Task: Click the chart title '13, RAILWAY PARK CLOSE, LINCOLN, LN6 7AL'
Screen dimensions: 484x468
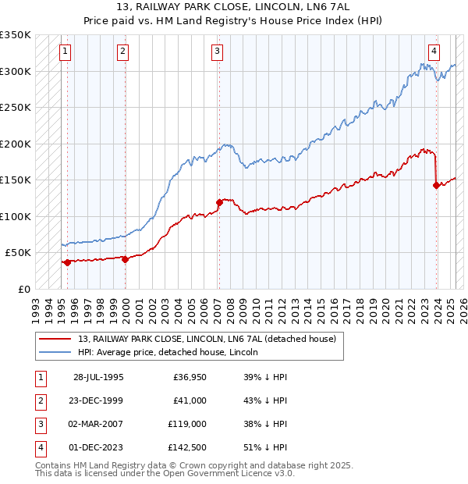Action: [234, 9]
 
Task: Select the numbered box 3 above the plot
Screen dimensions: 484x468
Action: [216, 52]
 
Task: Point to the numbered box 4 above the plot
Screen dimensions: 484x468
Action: [433, 52]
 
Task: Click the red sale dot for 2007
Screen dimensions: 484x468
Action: [219, 202]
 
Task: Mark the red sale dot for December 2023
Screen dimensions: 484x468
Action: [436, 185]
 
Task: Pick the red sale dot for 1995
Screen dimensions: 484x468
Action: [68, 262]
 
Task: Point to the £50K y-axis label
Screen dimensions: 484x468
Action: [18, 253]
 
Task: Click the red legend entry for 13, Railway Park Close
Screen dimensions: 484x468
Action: [207, 339]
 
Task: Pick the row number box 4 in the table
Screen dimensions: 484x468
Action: [39, 447]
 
